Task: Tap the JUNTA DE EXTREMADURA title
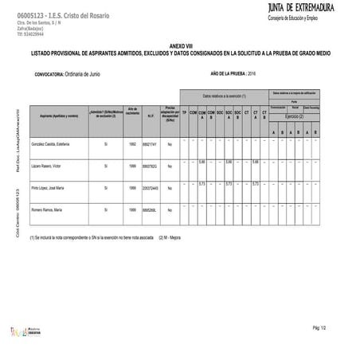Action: pos(302,8)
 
